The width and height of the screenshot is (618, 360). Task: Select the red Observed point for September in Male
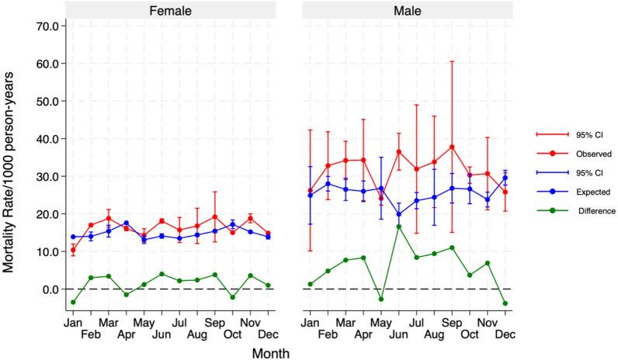tap(452, 147)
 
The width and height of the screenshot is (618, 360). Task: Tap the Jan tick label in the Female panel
tap(74, 321)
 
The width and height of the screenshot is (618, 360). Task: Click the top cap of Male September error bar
tap(452, 61)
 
